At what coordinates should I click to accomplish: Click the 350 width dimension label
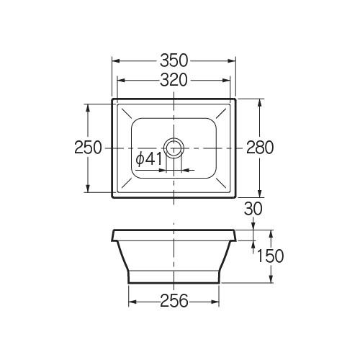pyautogui.click(x=174, y=60)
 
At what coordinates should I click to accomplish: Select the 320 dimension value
pyautogui.click(x=174, y=80)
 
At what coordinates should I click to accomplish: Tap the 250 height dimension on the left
pyautogui.click(x=88, y=148)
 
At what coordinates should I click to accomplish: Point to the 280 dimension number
pyautogui.click(x=260, y=148)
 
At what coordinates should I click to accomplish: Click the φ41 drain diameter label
pyautogui.click(x=149, y=159)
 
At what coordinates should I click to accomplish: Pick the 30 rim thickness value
pyautogui.click(x=253, y=209)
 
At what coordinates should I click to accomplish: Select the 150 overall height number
pyautogui.click(x=270, y=256)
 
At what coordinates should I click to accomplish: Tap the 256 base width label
pyautogui.click(x=174, y=301)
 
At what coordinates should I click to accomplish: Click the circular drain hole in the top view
pyautogui.click(x=174, y=148)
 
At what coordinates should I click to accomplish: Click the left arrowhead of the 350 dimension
pyautogui.click(x=116, y=61)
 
